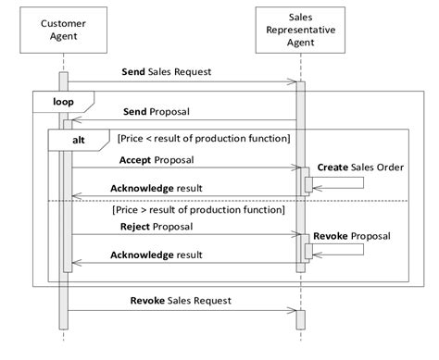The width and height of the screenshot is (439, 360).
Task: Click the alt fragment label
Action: point(82,138)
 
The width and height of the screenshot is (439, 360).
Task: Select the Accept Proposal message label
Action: point(157,159)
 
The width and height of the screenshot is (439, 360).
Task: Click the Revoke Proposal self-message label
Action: point(352,235)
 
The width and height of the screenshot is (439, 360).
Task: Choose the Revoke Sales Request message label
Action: point(181,300)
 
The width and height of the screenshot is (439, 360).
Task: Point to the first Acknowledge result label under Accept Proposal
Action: point(157,188)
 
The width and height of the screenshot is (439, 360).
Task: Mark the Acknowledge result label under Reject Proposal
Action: point(157,254)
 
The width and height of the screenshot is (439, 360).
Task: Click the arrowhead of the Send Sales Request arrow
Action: point(293,81)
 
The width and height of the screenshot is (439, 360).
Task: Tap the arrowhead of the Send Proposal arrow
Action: point(73,119)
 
